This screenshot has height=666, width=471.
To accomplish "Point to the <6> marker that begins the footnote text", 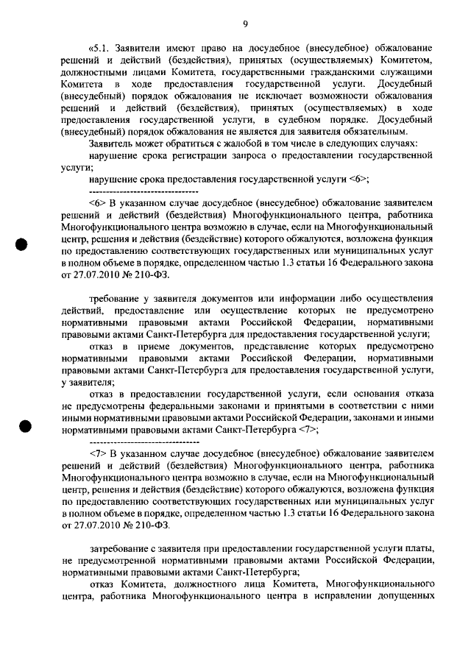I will click(98, 202).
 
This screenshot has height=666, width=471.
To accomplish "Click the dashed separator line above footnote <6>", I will click(133, 191).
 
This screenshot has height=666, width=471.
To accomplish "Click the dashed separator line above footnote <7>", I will click(133, 442).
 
